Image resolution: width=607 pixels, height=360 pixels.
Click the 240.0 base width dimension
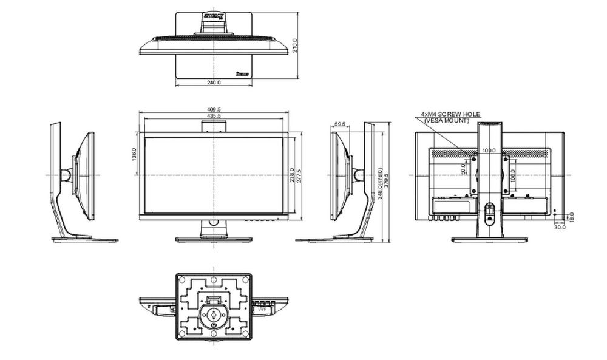click(x=214, y=83)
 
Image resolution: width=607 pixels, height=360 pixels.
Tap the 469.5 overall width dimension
click(x=214, y=110)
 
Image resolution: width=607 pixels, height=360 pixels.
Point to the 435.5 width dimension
click(x=214, y=116)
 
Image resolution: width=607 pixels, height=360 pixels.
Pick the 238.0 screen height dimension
click(x=292, y=175)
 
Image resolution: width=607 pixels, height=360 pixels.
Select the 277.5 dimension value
click(x=299, y=175)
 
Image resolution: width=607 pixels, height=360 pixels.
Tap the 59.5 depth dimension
click(x=340, y=124)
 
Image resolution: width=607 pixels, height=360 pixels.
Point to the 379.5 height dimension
click(x=387, y=181)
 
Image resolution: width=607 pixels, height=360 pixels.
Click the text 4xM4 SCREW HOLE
click(x=450, y=114)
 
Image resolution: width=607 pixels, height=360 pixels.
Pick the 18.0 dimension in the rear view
click(x=571, y=217)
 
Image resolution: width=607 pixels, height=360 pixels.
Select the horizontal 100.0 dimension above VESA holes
click(x=489, y=150)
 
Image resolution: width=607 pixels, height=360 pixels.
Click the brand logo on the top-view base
click(x=243, y=75)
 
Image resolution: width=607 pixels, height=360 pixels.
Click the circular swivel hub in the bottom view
click(x=214, y=314)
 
